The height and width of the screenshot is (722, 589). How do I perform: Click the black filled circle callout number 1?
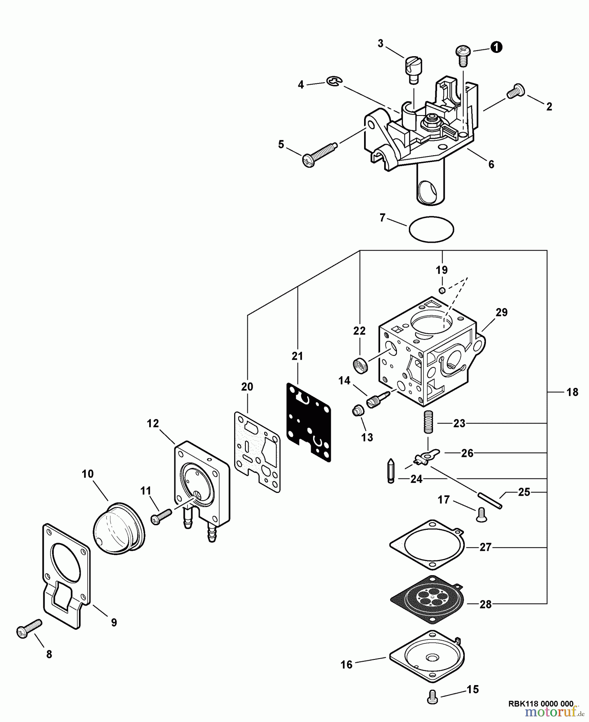tap(496, 47)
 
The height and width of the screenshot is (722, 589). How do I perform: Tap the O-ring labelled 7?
tap(431, 229)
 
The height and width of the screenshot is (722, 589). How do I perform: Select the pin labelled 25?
tap(490, 501)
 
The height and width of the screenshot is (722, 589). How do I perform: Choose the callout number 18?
tap(572, 392)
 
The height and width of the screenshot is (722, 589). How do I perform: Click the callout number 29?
tap(502, 312)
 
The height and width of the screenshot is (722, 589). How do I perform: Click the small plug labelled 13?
tap(357, 411)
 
